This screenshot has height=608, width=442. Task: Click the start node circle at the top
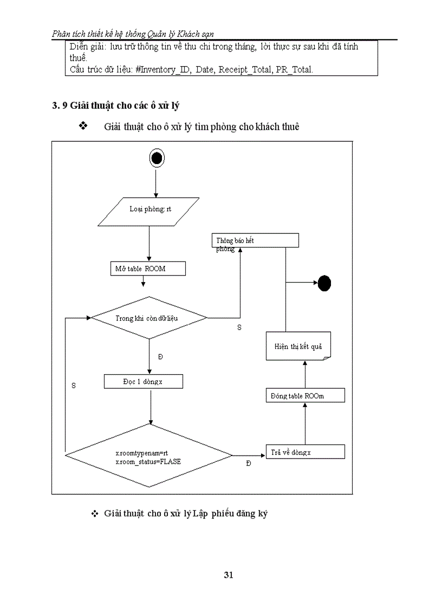tap(156, 158)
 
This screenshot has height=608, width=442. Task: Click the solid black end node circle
tap(324, 283)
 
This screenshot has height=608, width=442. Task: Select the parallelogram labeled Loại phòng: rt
tap(150, 211)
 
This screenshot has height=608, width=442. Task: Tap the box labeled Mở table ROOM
tap(148, 269)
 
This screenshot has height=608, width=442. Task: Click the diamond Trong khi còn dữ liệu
tap(149, 318)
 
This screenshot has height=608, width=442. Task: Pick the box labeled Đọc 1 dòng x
tap(144, 382)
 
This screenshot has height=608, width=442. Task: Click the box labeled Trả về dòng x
tap(305, 452)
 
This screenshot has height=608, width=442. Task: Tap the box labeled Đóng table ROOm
tap(305, 396)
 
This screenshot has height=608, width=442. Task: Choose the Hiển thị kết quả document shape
tap(298, 347)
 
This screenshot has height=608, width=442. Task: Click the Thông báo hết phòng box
tap(255, 241)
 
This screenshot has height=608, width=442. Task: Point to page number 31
tap(228, 575)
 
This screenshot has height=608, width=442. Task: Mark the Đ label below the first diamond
tap(160, 357)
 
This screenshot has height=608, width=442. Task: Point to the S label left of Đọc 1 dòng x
tap(73, 385)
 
